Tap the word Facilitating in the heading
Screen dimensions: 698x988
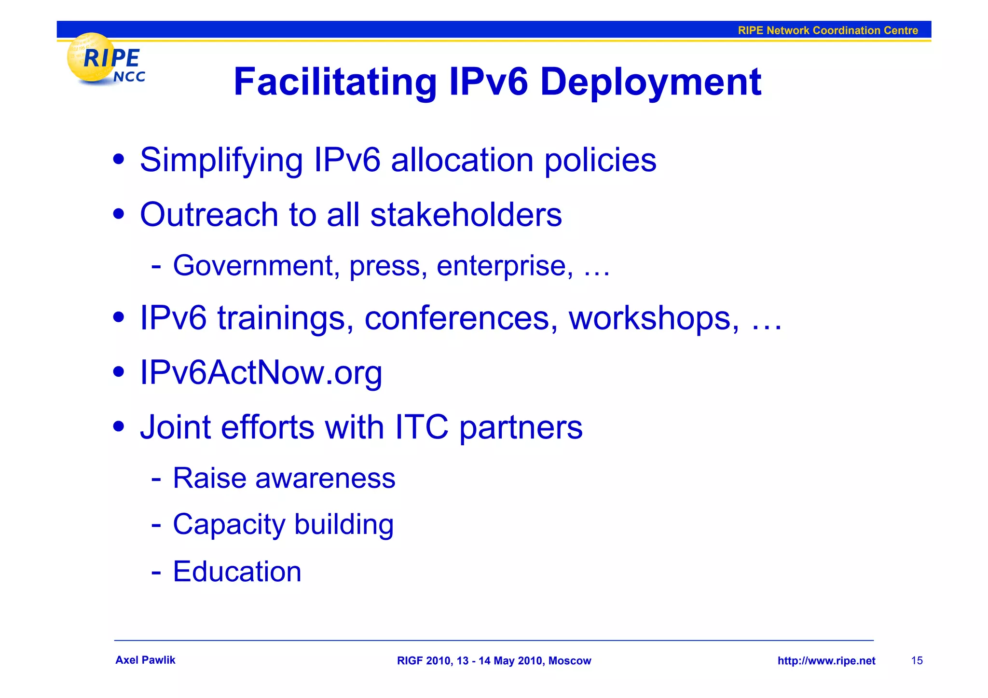click(x=335, y=82)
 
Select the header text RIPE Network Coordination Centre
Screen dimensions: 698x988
click(x=827, y=30)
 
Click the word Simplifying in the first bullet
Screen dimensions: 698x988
click(x=221, y=161)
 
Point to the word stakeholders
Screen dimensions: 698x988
click(x=466, y=215)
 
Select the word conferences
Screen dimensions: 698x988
click(x=457, y=318)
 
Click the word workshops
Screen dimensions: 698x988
click(x=653, y=318)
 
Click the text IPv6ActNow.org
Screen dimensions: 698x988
click(x=261, y=373)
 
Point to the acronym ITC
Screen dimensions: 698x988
click(x=421, y=427)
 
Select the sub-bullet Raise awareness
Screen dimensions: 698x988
click(x=284, y=479)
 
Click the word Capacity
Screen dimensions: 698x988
click(x=229, y=525)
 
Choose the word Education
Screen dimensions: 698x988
click(x=237, y=572)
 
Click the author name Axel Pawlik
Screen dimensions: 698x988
click(x=145, y=660)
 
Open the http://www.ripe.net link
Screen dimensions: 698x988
click(x=826, y=661)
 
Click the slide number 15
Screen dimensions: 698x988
click(x=917, y=661)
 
